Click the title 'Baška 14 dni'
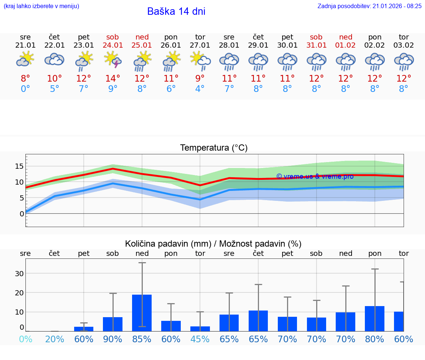coord(176,11)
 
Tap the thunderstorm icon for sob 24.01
coord(113,60)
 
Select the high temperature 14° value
coord(113,78)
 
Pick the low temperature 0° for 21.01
coord(25,89)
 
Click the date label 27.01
coord(200,45)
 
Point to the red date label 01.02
coord(346,45)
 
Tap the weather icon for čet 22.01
coord(55,59)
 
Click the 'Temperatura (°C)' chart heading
coord(214,148)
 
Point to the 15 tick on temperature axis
coord(19,166)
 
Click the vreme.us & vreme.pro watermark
coord(315,176)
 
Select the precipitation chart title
coord(213,244)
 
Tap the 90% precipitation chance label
coord(113,339)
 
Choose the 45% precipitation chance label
coord(200,339)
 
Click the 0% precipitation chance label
coord(25,339)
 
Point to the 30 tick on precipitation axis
coord(19,274)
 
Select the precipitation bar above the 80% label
coord(374,318)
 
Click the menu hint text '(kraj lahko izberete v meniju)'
coord(41,6)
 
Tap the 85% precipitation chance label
coord(142,339)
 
